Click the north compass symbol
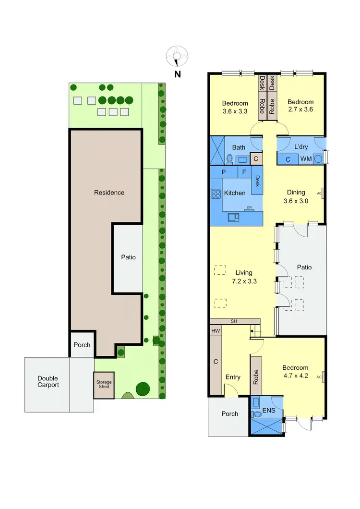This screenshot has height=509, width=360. click(x=177, y=56)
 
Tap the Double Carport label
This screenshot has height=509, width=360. click(x=48, y=382)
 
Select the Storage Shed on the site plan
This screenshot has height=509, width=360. click(x=104, y=386)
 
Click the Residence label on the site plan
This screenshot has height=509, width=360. click(x=109, y=193)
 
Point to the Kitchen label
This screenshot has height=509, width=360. click(x=235, y=193)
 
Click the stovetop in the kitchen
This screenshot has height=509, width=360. click(x=215, y=194)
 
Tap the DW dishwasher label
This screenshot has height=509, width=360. click(x=249, y=207)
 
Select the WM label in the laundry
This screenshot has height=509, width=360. click(x=305, y=159)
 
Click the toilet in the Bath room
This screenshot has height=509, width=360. click(x=229, y=158)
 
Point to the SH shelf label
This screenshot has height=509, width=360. click(x=234, y=321)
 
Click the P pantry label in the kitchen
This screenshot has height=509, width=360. click(x=224, y=171)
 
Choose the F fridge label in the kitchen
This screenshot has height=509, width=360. click(x=244, y=171)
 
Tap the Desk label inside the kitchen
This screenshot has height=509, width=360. click(x=257, y=181)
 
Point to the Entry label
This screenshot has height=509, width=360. click(x=233, y=377)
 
